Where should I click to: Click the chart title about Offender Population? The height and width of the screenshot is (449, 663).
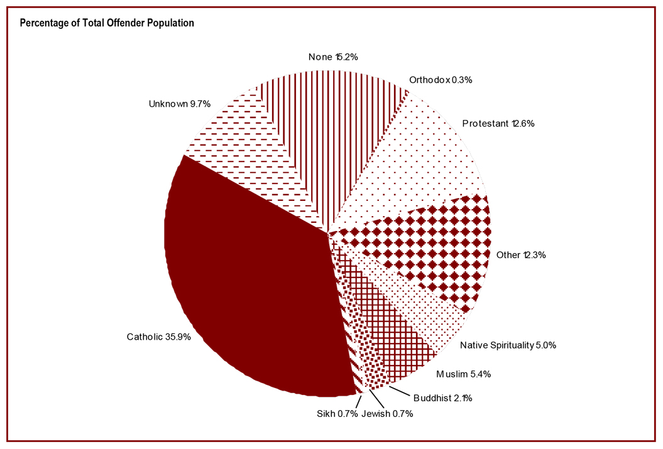pos(107,23)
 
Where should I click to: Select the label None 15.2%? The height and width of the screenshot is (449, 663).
pos(333,57)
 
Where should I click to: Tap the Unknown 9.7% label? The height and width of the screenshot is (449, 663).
pos(179,103)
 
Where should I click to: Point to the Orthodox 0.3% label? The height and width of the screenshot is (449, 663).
pos(441,80)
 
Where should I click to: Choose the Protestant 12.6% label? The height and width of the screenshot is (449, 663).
pos(498,124)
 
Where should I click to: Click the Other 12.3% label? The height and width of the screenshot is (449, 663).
pos(521,255)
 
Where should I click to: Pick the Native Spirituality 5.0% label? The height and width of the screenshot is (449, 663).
pos(508,345)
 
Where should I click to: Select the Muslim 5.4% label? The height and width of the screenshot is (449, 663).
pos(464,374)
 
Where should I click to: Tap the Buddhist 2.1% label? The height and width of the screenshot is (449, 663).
pos(442,398)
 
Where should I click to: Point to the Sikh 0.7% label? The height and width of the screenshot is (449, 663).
pos(337,413)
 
